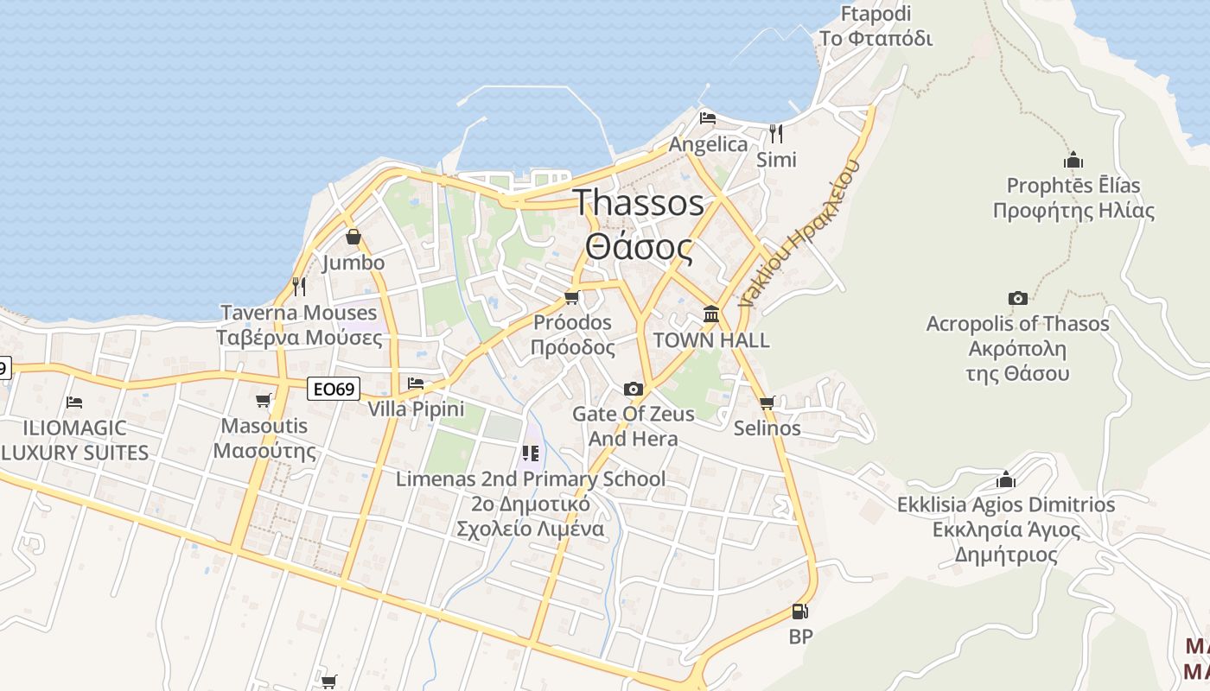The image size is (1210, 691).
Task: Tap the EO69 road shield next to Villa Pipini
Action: point(334,390)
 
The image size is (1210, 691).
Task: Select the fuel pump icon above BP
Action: point(800,612)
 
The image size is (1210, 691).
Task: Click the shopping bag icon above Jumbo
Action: point(353,237)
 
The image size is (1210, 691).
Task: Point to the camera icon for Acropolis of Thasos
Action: point(1018,298)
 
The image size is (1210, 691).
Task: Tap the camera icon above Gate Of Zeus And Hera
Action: point(634,389)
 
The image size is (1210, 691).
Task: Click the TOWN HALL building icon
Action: point(711,314)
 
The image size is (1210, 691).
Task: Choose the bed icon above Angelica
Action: point(708,118)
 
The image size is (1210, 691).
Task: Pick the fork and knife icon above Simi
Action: point(776,133)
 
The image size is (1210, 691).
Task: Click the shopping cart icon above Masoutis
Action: point(264,400)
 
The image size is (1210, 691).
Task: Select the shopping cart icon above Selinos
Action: point(767,403)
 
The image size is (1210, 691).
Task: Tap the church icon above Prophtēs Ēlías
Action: point(1073,160)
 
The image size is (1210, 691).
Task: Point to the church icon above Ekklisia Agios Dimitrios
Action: point(1006,479)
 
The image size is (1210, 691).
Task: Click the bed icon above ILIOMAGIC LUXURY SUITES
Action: point(74,402)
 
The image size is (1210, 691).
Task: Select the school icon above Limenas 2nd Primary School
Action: point(531,453)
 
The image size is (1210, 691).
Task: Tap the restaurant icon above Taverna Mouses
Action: point(298,286)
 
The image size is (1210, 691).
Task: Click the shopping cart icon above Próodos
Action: point(571,298)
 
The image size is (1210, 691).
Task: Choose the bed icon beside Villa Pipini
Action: point(416,383)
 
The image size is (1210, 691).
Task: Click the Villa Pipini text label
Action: point(416,409)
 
